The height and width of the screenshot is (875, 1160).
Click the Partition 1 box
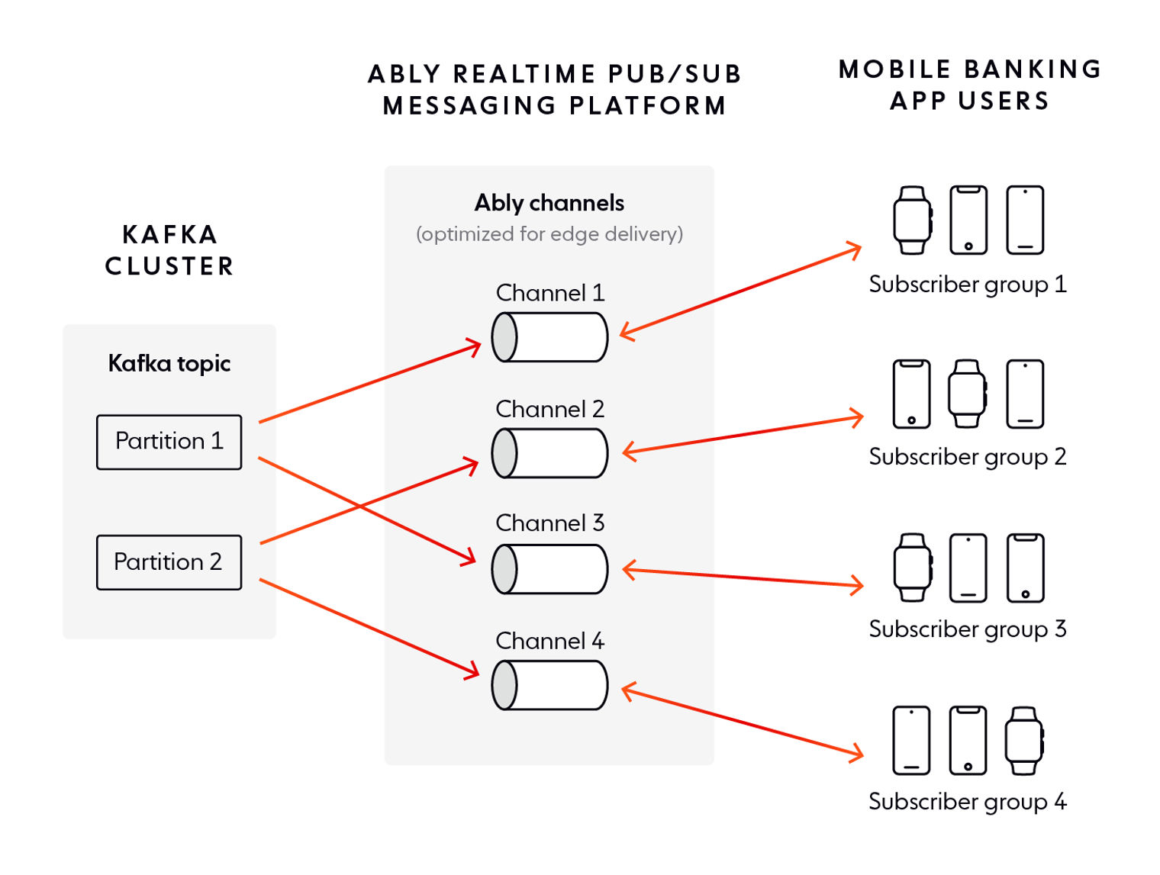coord(169,442)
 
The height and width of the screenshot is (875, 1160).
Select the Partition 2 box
coord(169,562)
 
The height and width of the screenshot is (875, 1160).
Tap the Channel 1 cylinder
coord(549,337)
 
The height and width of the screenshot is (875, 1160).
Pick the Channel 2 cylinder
coord(549,453)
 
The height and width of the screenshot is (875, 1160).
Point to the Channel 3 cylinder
coord(549,569)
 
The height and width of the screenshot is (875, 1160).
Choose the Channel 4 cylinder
coord(549,685)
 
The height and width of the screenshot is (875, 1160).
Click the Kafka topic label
coord(169,363)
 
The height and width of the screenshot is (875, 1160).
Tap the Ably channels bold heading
coord(549,203)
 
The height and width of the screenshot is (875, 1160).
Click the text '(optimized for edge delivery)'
coord(549,234)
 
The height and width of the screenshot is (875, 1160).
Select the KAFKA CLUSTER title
coord(169,250)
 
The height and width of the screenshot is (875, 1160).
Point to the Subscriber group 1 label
coord(967,285)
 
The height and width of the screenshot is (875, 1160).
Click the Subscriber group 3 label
coord(967,629)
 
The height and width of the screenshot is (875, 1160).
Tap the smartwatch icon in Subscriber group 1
coord(913,220)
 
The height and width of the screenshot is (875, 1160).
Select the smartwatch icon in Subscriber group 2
coord(967,394)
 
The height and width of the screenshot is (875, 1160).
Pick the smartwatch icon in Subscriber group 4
coord(1024,741)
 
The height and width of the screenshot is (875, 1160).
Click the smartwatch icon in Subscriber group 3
coord(913,568)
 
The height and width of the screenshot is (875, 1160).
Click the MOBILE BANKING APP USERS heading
coord(969,85)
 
